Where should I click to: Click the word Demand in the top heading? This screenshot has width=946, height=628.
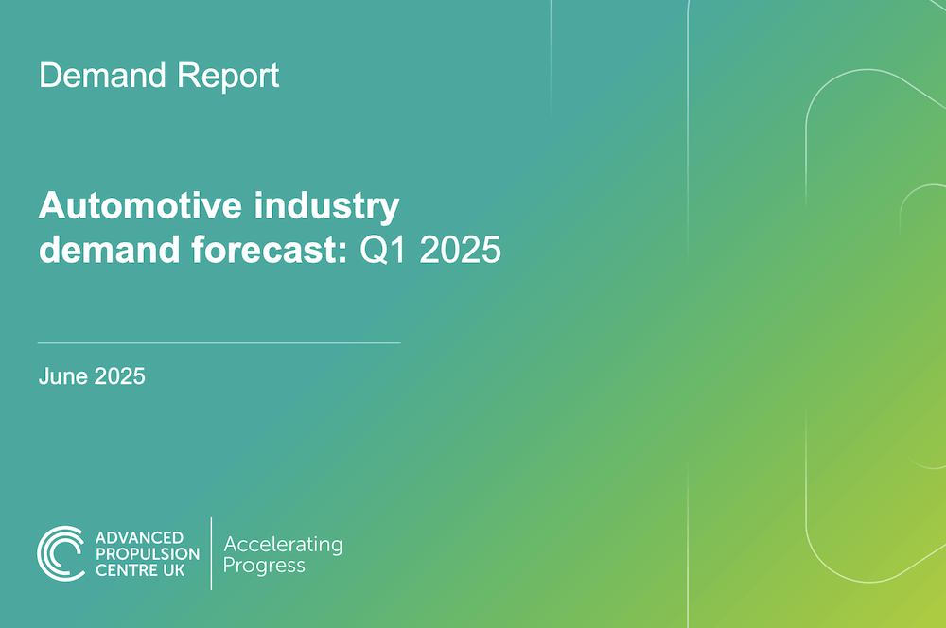coord(102,76)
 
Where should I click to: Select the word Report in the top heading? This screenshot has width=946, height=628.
coord(227,78)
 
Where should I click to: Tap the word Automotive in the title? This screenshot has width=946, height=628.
coord(140,206)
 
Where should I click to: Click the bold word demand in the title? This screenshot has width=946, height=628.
coord(109,249)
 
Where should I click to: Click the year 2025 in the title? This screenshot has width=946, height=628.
coord(460,250)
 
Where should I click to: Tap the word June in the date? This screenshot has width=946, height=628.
coord(63,376)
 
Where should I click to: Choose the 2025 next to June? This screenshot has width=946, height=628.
coord(119,376)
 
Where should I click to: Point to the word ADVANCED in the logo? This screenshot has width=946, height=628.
coord(139,537)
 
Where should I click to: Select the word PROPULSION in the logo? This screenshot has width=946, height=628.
coord(148,554)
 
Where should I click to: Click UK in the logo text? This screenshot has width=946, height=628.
coord(173,570)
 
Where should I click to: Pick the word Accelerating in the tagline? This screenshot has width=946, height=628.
coord(283,546)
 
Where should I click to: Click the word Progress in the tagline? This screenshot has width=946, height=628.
coord(264,567)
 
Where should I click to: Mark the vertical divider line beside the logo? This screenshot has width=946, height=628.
coord(211,553)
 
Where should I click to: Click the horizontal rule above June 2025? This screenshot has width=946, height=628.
coord(219,342)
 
